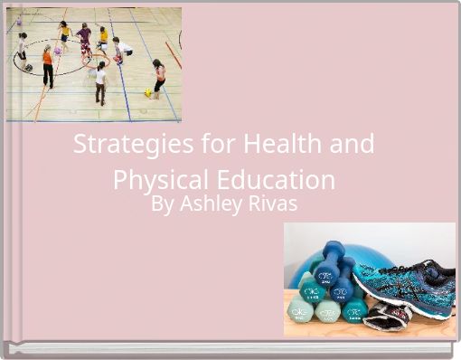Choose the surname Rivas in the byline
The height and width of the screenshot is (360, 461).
click(274, 204)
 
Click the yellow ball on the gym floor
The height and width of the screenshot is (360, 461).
click(147, 92)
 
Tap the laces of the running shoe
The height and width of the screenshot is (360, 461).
click(398, 268)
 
